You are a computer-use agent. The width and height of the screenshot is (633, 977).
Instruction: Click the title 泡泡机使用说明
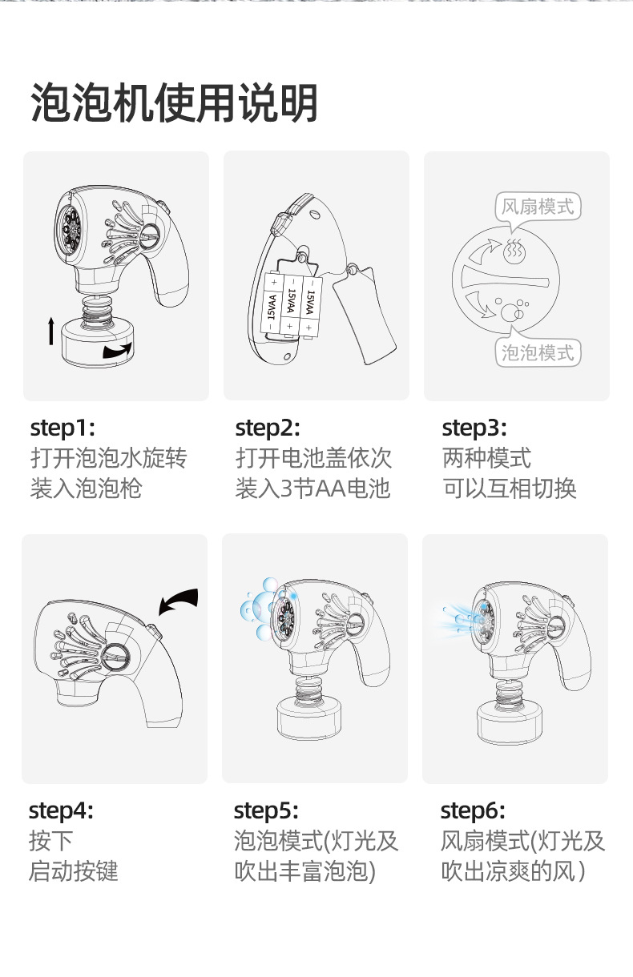click(x=174, y=103)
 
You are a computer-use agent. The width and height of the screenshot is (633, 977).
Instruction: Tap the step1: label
click(x=62, y=428)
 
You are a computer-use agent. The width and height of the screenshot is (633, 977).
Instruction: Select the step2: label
click(x=268, y=428)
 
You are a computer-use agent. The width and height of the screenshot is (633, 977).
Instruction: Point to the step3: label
click(x=474, y=428)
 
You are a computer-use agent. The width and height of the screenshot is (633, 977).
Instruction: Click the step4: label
click(x=61, y=810)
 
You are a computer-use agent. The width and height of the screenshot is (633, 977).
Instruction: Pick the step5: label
click(x=266, y=810)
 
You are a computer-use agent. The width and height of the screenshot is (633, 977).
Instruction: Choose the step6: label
click(x=473, y=810)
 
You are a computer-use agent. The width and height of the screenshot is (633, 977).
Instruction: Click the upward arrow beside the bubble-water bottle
click(x=51, y=331)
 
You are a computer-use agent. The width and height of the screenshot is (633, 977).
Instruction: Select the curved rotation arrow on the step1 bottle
click(x=117, y=350)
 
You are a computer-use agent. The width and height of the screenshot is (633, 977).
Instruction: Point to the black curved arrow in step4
click(x=177, y=601)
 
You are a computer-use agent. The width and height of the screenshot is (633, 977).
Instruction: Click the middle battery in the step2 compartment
click(x=289, y=304)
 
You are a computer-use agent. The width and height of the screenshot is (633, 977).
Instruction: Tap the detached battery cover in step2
click(x=365, y=315)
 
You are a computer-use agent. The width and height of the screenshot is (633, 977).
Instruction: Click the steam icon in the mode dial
click(x=514, y=251)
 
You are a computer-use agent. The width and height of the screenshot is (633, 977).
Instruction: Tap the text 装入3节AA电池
click(x=312, y=488)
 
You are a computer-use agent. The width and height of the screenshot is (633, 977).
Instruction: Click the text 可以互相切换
click(x=510, y=488)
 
